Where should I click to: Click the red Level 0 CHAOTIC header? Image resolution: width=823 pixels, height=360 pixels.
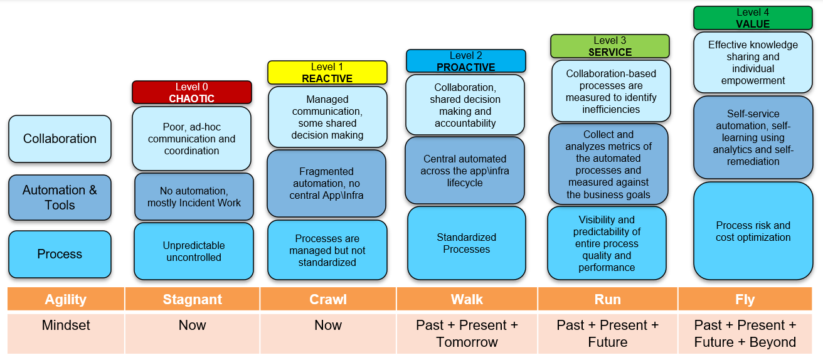click(191, 92)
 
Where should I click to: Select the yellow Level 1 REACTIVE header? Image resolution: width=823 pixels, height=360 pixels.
click(327, 72)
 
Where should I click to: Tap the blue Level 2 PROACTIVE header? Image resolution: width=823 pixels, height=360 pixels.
click(465, 61)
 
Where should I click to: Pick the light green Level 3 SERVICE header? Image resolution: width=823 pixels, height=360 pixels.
click(610, 46)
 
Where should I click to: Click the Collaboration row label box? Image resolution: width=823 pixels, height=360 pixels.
click(60, 139)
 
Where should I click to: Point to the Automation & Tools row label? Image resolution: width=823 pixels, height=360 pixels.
click(60, 198)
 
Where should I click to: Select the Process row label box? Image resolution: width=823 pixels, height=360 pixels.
click(60, 254)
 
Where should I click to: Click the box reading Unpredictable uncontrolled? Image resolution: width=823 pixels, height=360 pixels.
click(194, 251)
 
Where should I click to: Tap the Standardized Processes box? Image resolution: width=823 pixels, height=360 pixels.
click(466, 243)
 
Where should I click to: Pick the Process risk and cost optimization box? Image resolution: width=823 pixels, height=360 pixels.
click(753, 231)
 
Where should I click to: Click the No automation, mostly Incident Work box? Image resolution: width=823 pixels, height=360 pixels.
click(194, 197)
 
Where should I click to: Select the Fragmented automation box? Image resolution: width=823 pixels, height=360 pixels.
click(326, 183)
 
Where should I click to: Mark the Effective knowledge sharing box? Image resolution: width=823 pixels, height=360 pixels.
click(753, 63)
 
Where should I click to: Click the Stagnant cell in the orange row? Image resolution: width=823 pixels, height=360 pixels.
click(192, 299)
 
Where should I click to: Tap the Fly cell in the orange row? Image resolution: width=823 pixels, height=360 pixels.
click(745, 299)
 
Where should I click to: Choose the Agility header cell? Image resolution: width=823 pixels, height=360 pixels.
click(66, 299)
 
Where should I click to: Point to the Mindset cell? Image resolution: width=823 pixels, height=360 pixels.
click(66, 325)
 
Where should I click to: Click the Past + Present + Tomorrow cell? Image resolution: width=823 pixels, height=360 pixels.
click(467, 334)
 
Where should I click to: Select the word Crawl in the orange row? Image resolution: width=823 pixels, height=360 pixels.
click(328, 299)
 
